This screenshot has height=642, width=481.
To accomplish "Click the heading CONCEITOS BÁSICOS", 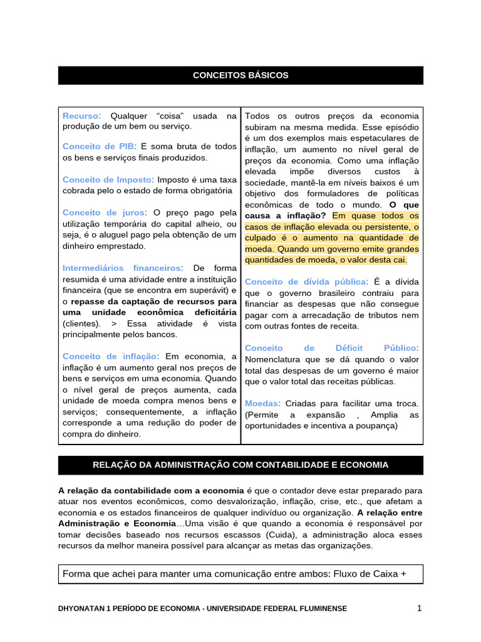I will (x=240, y=75).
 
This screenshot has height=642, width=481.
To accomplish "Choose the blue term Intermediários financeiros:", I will (x=123, y=268).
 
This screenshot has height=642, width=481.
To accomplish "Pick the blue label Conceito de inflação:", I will (x=111, y=356).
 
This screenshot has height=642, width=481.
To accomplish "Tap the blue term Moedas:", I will (x=262, y=403).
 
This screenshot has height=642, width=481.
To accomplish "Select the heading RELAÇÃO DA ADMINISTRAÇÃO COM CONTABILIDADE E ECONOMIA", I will (x=240, y=465).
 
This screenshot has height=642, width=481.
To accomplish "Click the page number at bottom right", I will (x=420, y=608).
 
